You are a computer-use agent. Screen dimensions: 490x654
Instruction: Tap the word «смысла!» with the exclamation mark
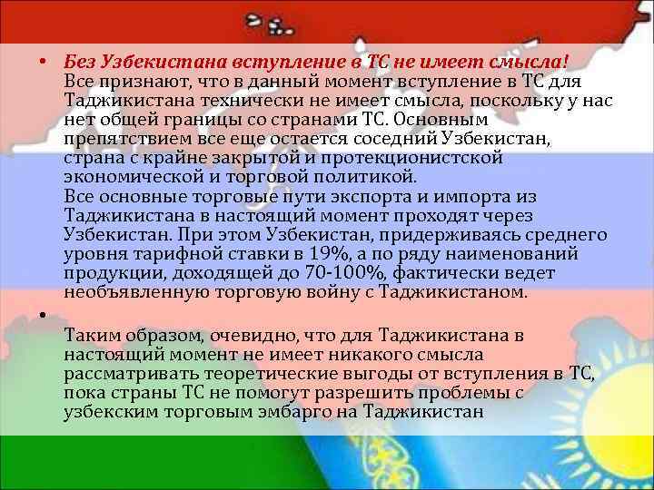coord(531,62)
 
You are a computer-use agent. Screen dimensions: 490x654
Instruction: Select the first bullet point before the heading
coord(43,63)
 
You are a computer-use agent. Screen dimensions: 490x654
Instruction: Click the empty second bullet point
coord(43,314)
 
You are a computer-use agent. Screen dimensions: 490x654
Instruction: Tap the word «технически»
coord(243,100)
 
